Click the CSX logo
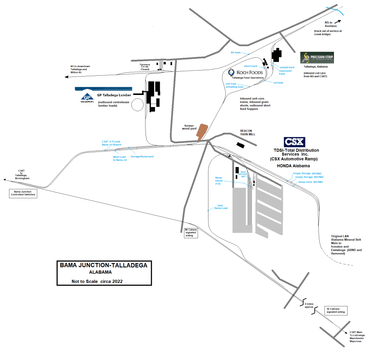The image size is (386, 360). click(294, 142)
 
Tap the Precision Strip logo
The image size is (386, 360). click(317, 58)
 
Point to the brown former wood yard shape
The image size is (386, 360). click(202, 132)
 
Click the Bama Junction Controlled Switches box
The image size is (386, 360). click(23, 193)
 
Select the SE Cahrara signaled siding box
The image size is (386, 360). click(335, 310)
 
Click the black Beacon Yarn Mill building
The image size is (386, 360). click(240, 145)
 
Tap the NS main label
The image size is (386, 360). click(236, 52)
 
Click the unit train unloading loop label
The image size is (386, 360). click(234, 85)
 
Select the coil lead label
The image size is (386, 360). click(278, 82)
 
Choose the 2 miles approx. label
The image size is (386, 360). click(309, 305)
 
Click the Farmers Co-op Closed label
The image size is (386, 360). click(145, 67)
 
